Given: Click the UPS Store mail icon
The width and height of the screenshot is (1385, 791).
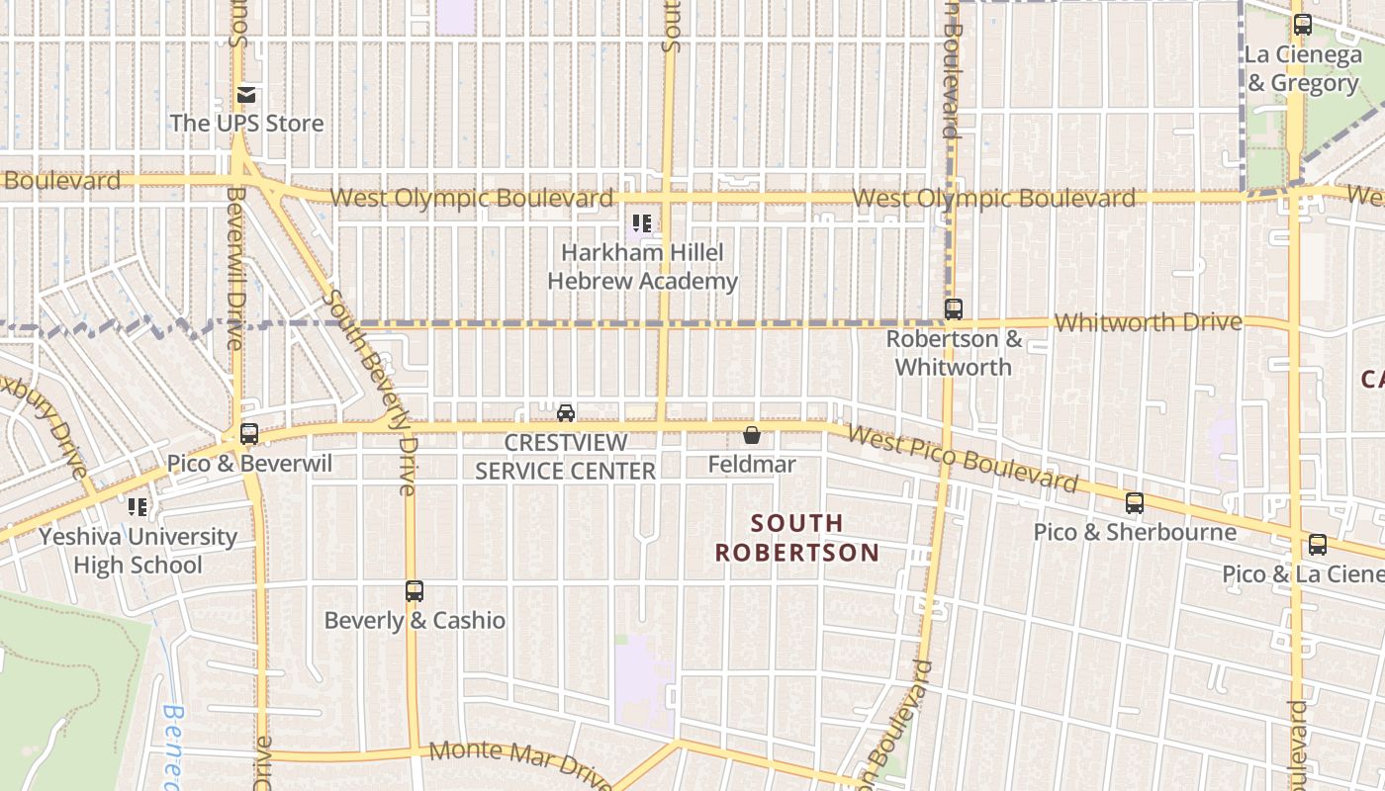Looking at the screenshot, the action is (246, 95).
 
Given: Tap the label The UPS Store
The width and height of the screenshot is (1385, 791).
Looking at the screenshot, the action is (246, 124).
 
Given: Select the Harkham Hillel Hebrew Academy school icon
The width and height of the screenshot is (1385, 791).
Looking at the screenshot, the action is (642, 223).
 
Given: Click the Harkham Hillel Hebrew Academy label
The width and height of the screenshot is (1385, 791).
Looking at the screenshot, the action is (643, 267).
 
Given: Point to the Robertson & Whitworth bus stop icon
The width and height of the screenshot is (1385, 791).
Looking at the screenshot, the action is (953, 309).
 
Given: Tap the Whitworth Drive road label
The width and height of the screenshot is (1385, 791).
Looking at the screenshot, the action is (1148, 322).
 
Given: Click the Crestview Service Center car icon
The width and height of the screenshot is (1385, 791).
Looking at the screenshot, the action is (566, 412).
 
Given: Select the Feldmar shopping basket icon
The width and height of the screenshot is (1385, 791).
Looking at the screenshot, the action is (752, 435).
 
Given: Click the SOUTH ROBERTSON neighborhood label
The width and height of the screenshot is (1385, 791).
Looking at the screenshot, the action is (797, 537).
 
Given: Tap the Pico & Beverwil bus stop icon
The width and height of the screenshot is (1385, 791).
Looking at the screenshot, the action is (249, 433).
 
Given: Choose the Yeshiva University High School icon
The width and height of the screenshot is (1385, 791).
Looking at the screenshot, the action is (138, 507).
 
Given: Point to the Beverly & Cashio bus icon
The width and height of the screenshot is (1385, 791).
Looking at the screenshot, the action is (415, 591).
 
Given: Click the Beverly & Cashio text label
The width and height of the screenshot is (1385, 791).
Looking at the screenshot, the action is (415, 621).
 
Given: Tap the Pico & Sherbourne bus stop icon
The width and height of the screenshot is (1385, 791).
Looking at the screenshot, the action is (1135, 502).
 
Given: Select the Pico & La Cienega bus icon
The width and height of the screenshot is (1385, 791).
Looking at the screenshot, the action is (1318, 544).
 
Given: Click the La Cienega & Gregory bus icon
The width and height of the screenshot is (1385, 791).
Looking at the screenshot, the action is (1303, 26).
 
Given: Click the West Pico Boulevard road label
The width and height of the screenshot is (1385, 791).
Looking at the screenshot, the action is (962, 460).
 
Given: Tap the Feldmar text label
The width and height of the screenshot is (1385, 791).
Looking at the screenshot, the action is (752, 464).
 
